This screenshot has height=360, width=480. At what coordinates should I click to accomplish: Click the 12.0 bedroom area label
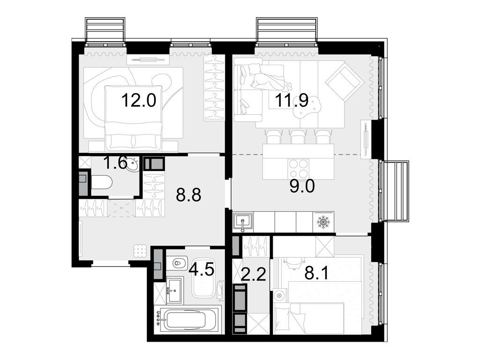point(139,100)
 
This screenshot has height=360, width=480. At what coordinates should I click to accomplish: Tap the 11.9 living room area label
point(292,100)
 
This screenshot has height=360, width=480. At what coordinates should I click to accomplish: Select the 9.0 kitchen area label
point(302,186)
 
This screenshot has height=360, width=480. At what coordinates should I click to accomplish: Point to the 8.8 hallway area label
point(188,195)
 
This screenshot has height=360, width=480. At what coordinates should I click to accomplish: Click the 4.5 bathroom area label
point(201,270)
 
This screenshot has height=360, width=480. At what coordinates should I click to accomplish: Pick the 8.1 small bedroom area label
point(316,273)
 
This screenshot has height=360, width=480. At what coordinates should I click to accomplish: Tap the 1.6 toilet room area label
point(115,163)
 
